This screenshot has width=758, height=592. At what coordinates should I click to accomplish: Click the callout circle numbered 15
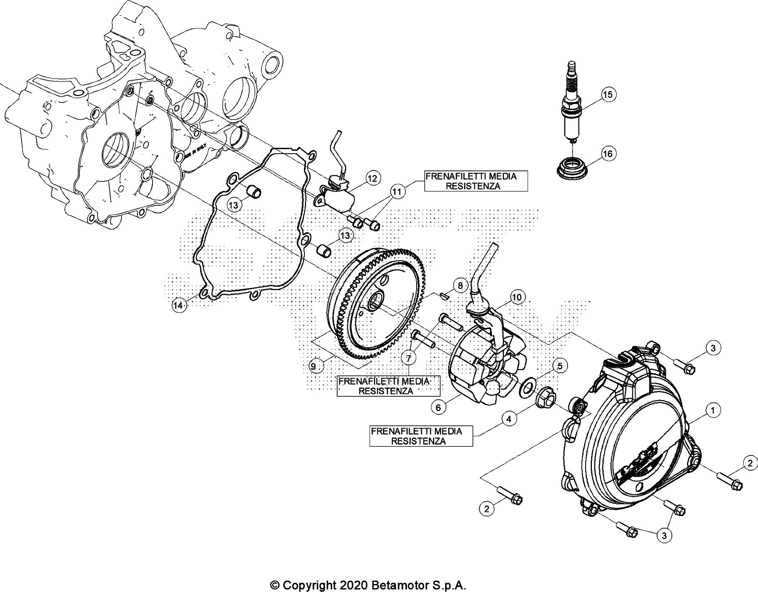click(x=608, y=94)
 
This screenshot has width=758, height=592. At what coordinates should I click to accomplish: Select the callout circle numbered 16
click(x=608, y=154)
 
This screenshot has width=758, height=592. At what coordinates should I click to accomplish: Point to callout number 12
click(x=372, y=178)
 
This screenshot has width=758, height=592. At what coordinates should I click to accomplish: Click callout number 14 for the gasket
click(x=179, y=305)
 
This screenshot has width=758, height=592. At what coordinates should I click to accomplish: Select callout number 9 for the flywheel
click(x=314, y=366)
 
